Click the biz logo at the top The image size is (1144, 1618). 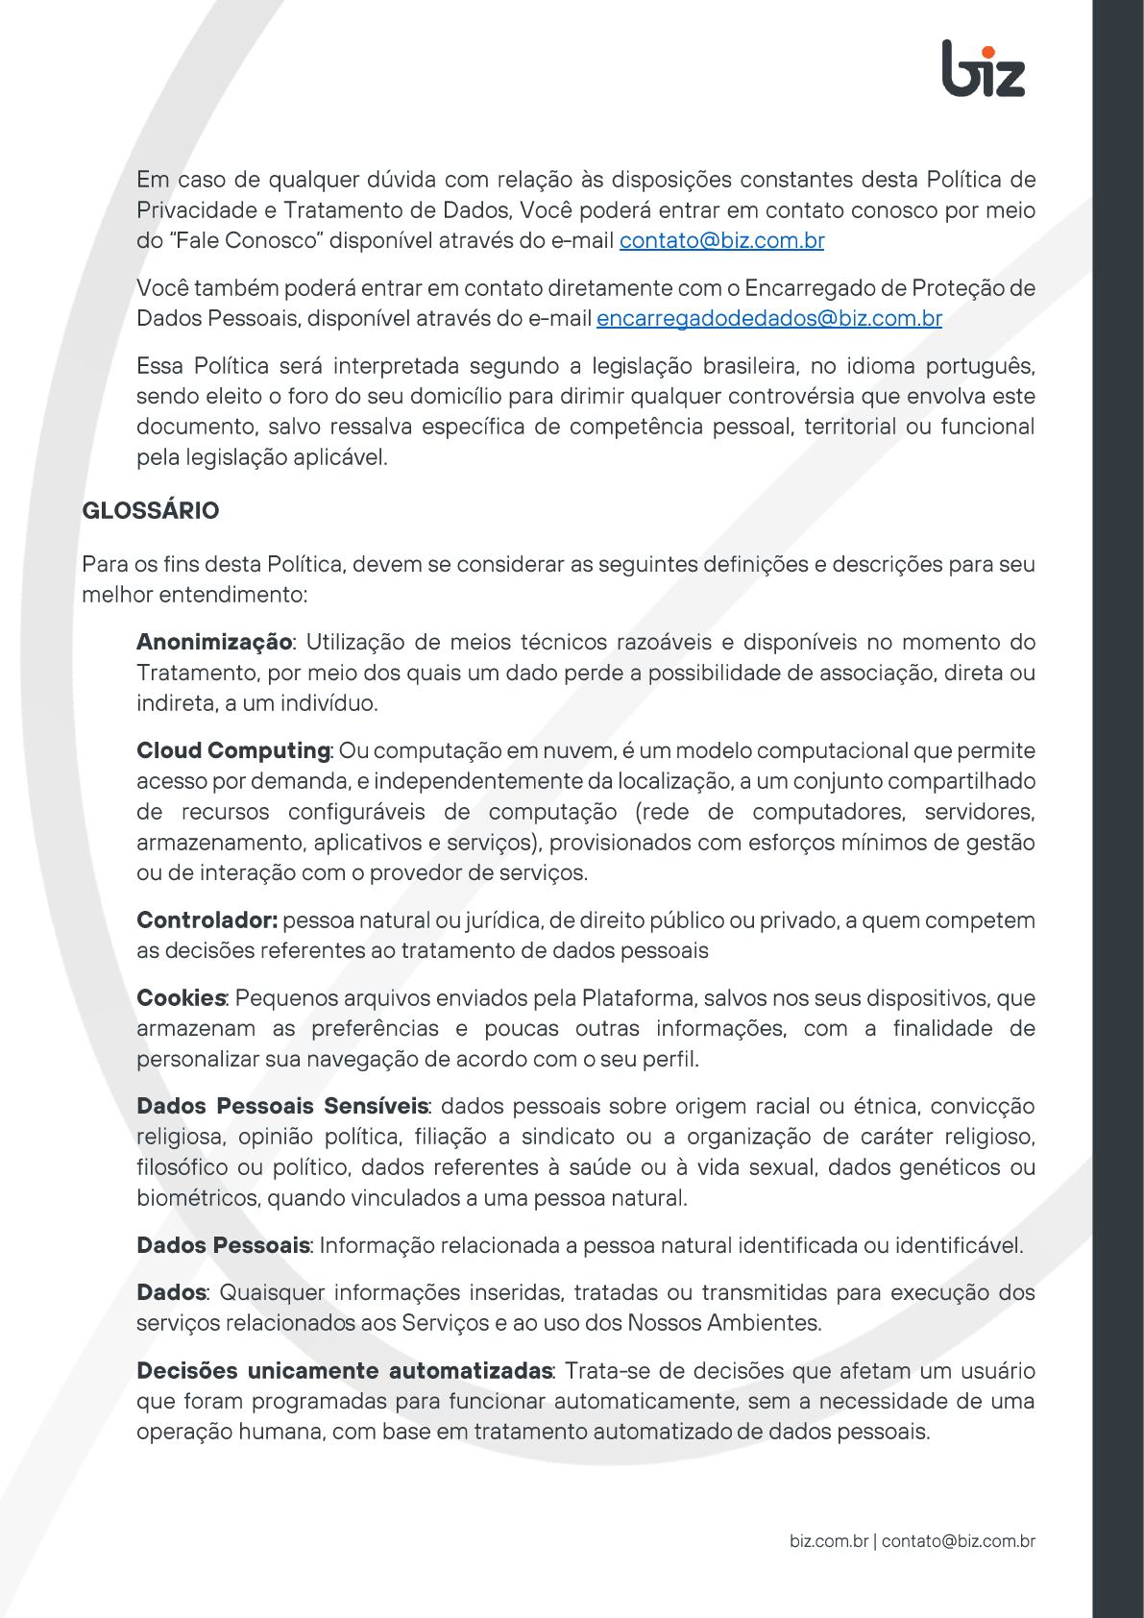[984, 69]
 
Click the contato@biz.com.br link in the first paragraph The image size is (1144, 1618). [721, 240]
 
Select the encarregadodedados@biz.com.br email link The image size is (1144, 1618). [768, 318]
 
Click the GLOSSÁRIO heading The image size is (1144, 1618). [151, 510]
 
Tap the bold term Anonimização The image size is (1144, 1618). [214, 642]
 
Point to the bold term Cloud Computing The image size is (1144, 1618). [233, 750]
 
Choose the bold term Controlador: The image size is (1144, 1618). [207, 920]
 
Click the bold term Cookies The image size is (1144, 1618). [181, 998]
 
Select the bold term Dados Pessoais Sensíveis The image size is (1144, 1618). [282, 1106]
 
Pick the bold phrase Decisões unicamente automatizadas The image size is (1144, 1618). [344, 1370]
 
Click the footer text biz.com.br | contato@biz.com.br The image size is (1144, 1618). [912, 1541]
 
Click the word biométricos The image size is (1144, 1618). [198, 1198]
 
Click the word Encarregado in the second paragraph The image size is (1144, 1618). [810, 288]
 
